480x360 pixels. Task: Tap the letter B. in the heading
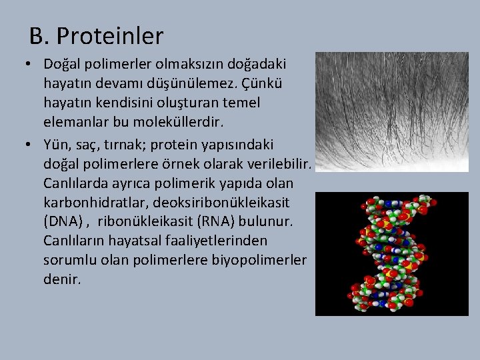pos(39,36)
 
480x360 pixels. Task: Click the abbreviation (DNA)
pos(65,221)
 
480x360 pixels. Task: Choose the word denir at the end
pos(61,279)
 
